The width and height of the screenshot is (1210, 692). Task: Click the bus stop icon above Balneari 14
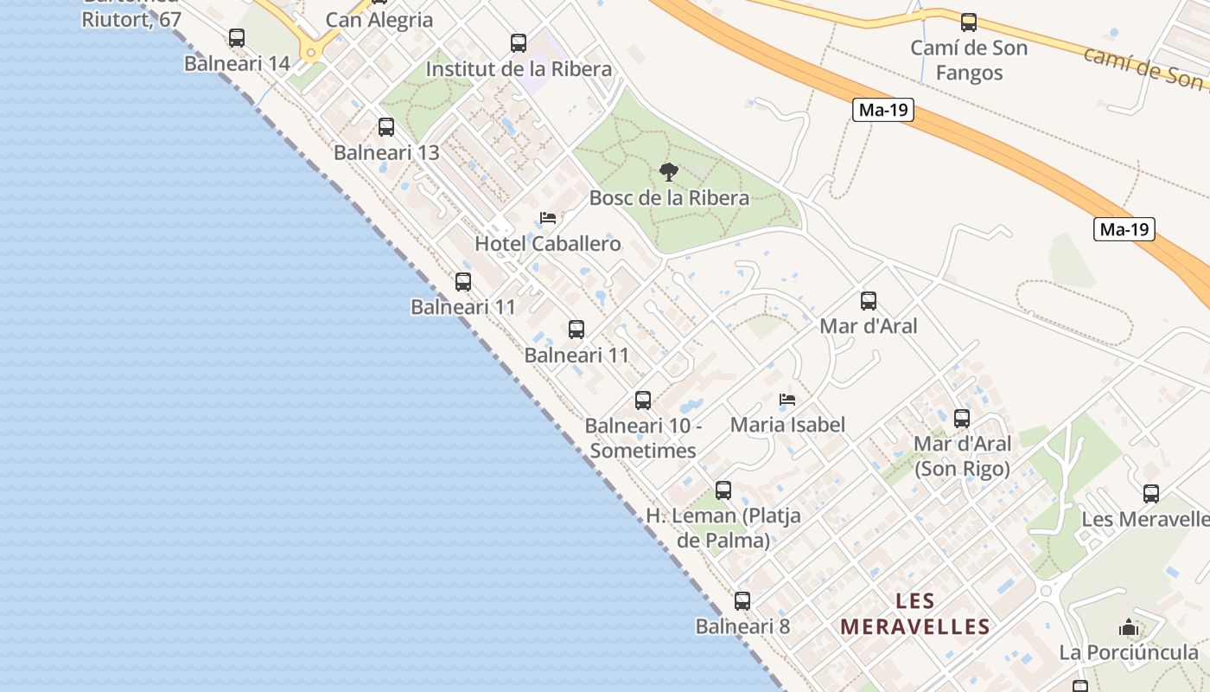pos(237,38)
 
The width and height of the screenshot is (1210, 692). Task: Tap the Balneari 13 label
pos(386,152)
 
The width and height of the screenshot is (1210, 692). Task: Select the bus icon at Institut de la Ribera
pos(519,43)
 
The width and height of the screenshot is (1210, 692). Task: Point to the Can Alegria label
pos(379,20)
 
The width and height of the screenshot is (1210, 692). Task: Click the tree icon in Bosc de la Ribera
pos(668,172)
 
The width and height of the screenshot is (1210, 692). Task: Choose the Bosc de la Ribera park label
pos(669,197)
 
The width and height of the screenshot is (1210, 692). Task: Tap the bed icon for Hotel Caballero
pos(548,218)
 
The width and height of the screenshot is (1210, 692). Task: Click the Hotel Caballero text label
pos(548,243)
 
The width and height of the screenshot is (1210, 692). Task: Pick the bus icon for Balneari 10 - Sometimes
pos(643,400)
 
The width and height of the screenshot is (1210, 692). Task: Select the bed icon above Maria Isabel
pos(787,400)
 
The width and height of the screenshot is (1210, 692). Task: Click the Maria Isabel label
pos(787,425)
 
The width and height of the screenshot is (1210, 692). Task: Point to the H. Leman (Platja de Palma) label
pos(723,528)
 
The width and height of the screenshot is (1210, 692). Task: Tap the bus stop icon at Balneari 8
pos(742,601)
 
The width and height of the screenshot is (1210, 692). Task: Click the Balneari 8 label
pos(742,625)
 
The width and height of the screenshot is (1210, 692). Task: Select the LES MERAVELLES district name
pos(915,613)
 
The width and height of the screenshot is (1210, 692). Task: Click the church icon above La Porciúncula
pos(1129,627)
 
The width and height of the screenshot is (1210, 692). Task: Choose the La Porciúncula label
pos(1129,652)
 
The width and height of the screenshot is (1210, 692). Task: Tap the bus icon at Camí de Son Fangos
pos(969,22)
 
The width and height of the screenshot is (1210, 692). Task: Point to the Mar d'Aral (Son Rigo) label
pos(962,456)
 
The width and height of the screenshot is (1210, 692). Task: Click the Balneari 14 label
pos(237,63)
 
